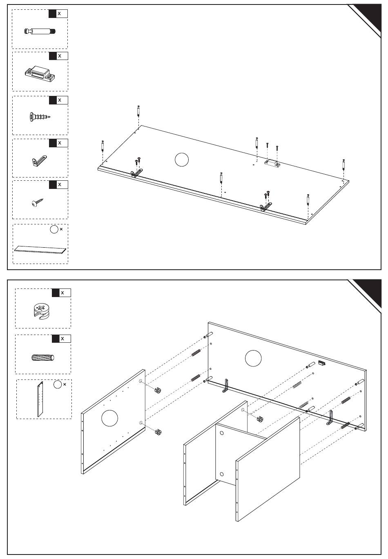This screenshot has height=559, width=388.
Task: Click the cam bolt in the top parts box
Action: tap(40, 31)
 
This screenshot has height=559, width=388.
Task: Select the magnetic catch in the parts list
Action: tap(40, 73)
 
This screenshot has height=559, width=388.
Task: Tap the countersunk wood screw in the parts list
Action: tap(40, 117)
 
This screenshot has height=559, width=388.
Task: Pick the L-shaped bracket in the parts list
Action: tap(40, 161)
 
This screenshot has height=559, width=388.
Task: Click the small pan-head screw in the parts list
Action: tap(38, 202)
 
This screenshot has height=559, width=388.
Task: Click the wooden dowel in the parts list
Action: tap(43, 357)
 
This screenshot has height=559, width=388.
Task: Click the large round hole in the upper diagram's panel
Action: tap(182, 160)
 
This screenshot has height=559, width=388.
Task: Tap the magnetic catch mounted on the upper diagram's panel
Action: tap(272, 163)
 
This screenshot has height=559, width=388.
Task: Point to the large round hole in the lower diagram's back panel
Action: tap(253, 358)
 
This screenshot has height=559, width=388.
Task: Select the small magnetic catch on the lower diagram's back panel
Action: tap(322, 363)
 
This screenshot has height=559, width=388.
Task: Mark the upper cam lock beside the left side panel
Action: tap(158, 389)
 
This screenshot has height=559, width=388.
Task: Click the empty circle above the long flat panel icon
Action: tap(54, 229)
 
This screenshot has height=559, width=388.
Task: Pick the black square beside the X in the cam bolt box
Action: tap(52, 13)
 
